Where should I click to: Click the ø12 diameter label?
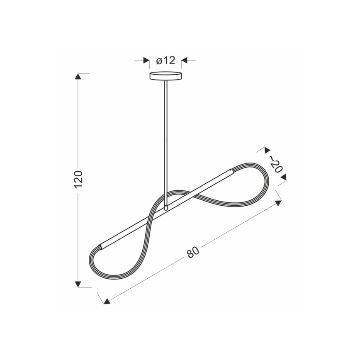pos(166,61)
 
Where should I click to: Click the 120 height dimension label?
pos(79,179)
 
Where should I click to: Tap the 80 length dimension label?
pos(192,252)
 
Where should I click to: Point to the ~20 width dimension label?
pos(276,163)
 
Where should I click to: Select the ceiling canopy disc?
pos(166,76)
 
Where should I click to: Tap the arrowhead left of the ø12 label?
pos(146,61)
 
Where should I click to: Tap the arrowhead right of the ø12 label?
pos(185,61)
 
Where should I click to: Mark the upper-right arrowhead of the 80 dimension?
pos(278,203)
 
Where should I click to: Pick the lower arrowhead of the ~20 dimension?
pos(284,178)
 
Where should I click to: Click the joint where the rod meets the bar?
pos(166,206)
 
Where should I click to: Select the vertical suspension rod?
pos(166,141)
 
